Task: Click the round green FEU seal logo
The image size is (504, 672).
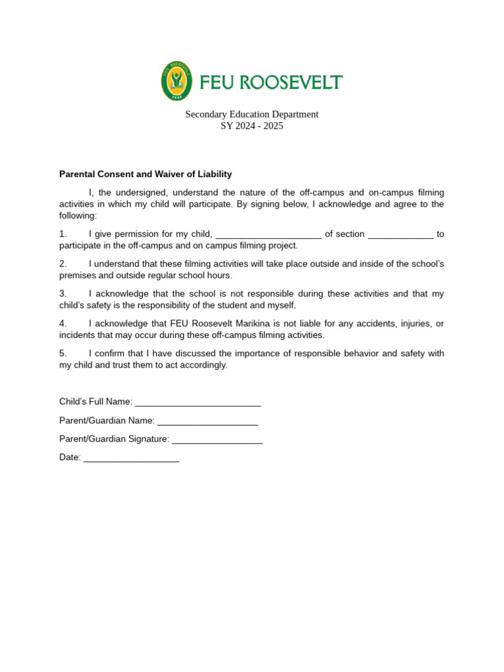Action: tap(177, 81)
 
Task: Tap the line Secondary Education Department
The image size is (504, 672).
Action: tap(251, 114)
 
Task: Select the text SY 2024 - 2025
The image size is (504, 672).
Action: tap(251, 126)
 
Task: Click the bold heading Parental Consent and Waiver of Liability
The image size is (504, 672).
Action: tap(145, 174)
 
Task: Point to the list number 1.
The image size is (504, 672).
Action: tap(63, 234)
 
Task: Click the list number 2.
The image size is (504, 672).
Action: tap(63, 264)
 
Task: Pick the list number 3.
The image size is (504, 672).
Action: tap(63, 294)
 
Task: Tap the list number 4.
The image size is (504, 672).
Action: tap(63, 324)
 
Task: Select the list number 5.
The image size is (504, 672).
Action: tap(63, 354)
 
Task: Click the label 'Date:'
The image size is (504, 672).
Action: tap(70, 457)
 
